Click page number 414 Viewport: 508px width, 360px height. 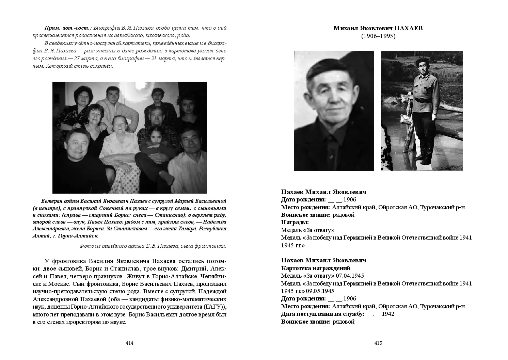pyautogui.click(x=129, y=343)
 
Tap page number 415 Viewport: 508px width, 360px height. pyautogui.click(x=378, y=343)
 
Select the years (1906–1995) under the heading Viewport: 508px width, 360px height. pyautogui.click(x=378, y=36)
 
